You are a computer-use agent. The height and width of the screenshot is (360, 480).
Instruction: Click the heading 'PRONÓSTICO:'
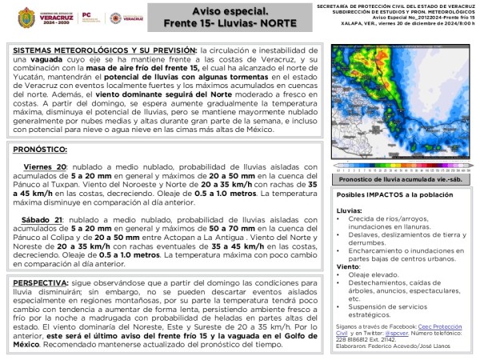point(39,150)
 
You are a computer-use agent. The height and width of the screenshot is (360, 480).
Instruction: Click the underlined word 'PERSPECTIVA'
point(45,283)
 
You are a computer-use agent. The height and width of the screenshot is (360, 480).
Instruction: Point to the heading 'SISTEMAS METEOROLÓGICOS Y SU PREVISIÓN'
point(104,49)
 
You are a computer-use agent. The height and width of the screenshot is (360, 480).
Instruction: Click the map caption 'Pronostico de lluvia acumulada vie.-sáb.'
point(401,180)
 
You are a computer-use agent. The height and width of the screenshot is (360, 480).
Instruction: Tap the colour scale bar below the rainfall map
point(401,169)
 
